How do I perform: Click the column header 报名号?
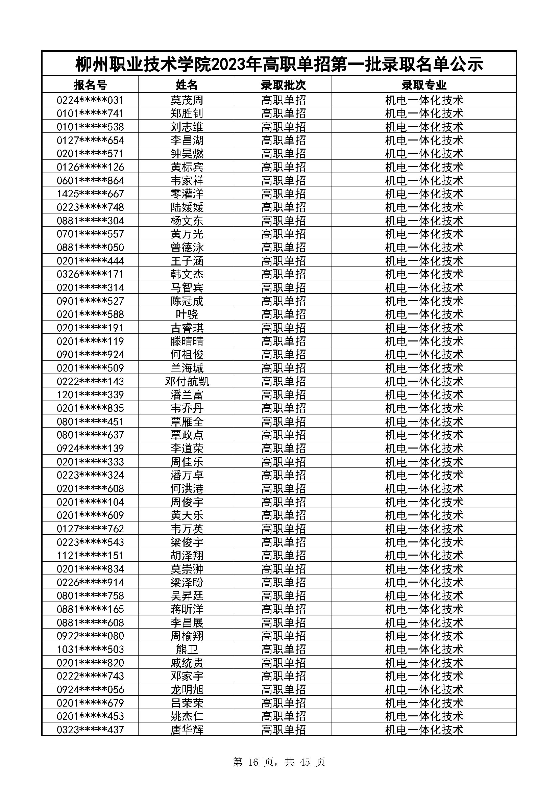click(90, 85)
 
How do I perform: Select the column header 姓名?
click(187, 85)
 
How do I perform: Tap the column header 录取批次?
click(283, 85)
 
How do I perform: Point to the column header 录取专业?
click(424, 85)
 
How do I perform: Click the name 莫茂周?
click(187, 100)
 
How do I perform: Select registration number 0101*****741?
click(90, 113)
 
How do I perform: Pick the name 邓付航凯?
click(187, 381)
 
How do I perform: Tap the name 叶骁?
click(187, 314)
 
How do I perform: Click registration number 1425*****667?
click(90, 194)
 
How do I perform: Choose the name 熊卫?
click(187, 649)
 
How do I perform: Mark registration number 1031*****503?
click(90, 649)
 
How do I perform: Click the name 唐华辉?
click(187, 730)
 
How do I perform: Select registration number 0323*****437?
click(90, 730)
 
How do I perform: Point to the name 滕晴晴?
click(187, 341)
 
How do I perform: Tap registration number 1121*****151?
click(90, 555)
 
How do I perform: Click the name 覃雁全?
click(187, 422)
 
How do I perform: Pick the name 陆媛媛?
click(187, 207)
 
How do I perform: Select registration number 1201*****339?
click(90, 394)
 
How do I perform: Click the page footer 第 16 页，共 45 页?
click(279, 762)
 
